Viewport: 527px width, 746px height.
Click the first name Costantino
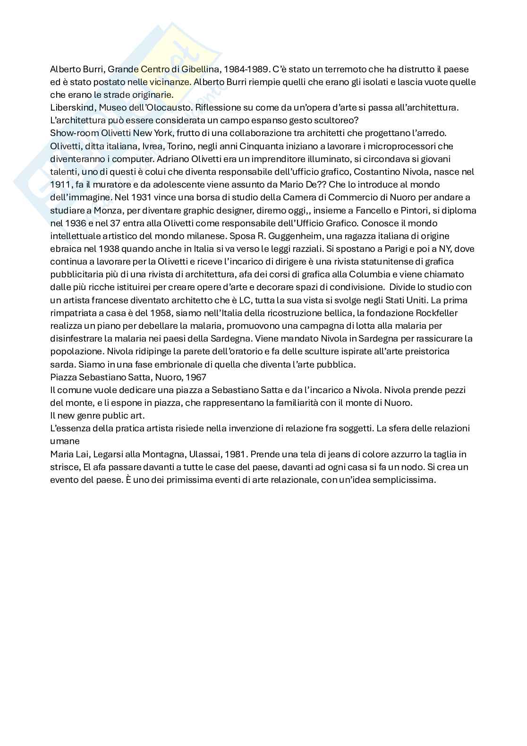point(378,172)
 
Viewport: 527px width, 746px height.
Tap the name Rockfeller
point(436,313)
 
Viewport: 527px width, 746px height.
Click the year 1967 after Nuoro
point(196,377)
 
